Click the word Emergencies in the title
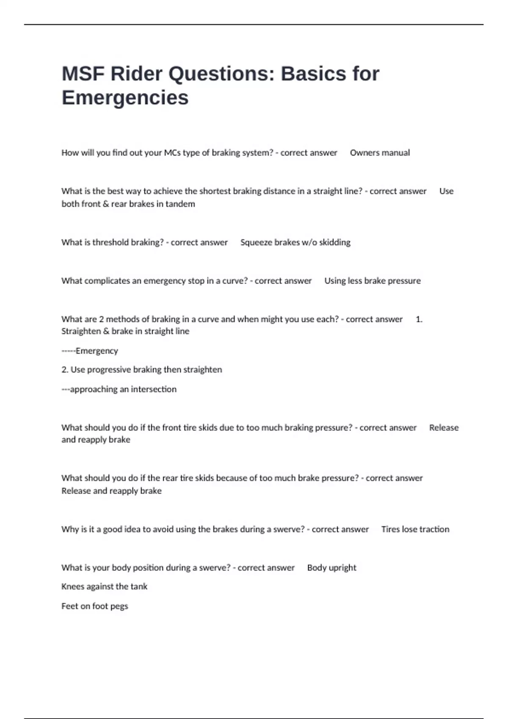pos(125,98)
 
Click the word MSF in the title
pos(83,74)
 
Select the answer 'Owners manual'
pos(380,153)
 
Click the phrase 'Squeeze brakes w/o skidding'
pos(295,242)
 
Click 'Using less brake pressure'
pos(372,281)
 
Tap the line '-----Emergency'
pos(90,351)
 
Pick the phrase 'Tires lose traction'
pos(415,529)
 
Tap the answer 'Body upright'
pos(331,568)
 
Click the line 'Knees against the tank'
pos(104,587)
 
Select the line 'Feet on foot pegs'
pos(94,606)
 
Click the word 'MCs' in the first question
pos(172,153)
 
